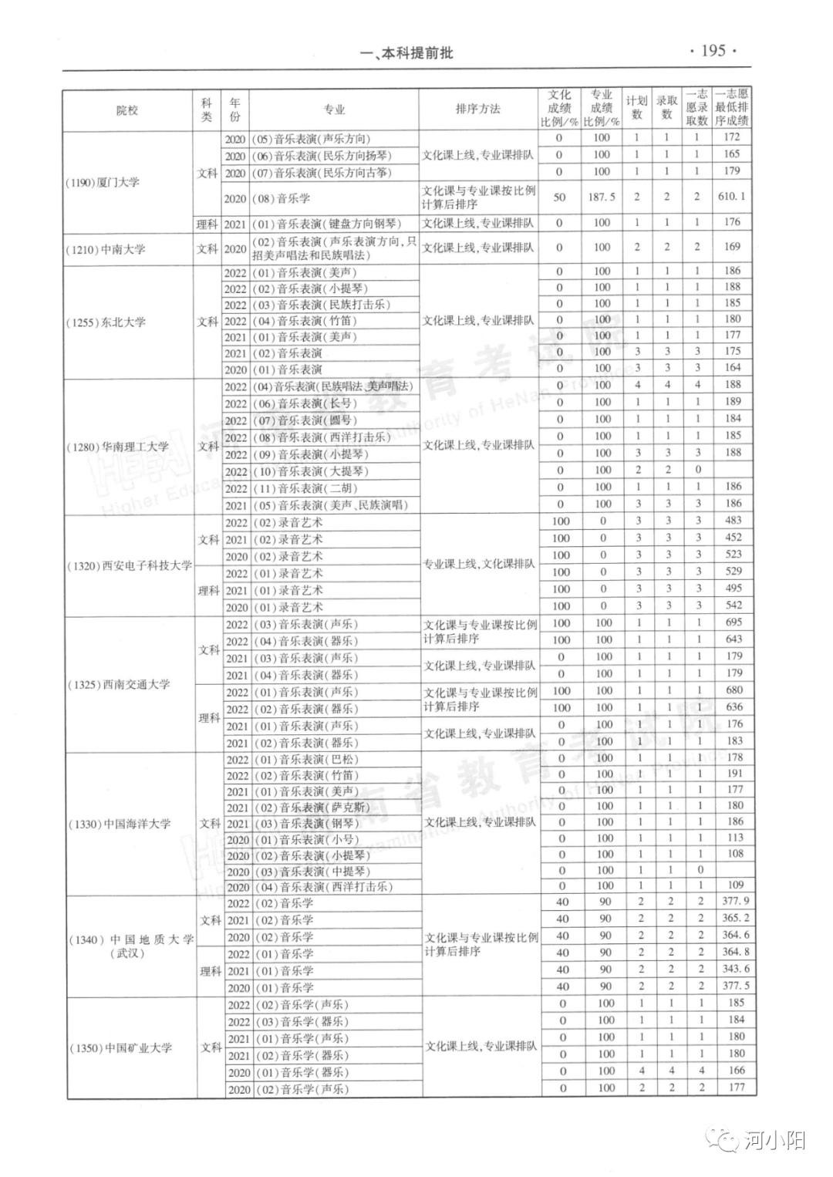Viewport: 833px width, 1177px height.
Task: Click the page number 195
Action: click(x=713, y=51)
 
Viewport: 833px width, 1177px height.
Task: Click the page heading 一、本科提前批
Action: click(x=406, y=53)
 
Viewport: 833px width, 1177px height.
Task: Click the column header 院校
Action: click(x=127, y=110)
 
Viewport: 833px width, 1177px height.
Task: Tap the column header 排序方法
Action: click(x=478, y=110)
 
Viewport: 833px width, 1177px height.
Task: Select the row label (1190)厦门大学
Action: click(x=103, y=183)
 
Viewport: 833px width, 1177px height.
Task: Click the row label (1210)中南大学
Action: click(x=106, y=249)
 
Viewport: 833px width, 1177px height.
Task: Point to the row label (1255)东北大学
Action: click(x=106, y=322)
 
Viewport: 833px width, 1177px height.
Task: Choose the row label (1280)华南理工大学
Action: click(x=117, y=447)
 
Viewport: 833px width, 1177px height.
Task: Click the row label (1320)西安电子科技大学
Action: click(x=129, y=565)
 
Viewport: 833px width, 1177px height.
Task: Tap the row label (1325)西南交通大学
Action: click(x=118, y=684)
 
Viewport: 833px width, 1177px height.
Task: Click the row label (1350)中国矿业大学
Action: click(x=120, y=1048)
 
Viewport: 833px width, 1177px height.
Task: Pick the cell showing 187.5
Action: click(x=602, y=197)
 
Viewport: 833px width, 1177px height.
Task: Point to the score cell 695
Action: click(x=734, y=622)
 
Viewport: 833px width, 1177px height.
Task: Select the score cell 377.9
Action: click(x=735, y=901)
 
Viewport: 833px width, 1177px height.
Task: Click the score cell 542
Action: click(x=734, y=605)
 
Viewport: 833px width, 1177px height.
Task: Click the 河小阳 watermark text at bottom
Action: click(x=774, y=1141)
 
